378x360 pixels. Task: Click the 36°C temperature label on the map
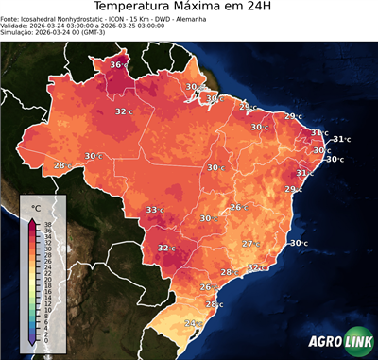click(119, 64)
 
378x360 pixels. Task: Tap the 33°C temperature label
click(155, 210)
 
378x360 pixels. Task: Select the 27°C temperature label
click(250, 244)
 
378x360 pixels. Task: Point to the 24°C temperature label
click(194, 324)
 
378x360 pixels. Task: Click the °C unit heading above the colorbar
click(36, 207)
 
